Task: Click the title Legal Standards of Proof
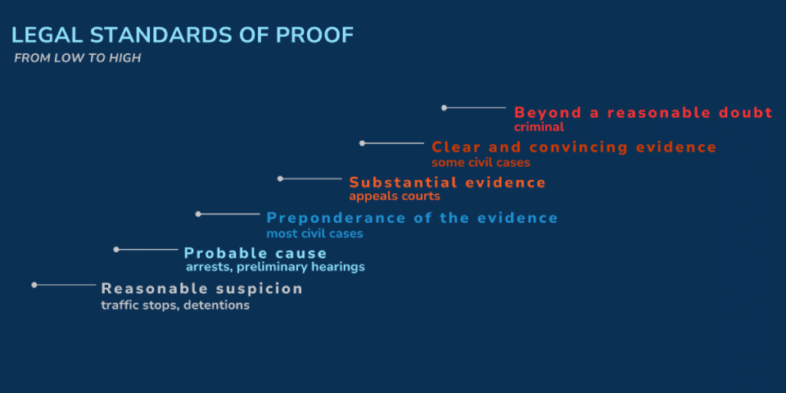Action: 183,35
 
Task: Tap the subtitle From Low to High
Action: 78,58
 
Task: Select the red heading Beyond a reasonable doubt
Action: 644,113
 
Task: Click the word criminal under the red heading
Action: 540,127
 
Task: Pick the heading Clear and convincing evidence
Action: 575,148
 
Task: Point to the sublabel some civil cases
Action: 481,162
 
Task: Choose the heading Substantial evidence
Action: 448,183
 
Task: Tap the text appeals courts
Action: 395,196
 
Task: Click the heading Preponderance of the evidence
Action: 412,218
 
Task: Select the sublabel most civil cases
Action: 314,233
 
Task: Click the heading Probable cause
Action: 255,253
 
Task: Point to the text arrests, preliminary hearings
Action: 275,267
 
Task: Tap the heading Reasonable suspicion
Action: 202,289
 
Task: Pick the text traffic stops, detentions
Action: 175,305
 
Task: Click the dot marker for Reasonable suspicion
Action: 34,285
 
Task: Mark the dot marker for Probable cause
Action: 116,249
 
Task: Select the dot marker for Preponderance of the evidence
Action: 198,214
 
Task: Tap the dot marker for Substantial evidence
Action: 280,178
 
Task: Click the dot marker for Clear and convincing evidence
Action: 362,143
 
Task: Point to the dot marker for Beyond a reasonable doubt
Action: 444,108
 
